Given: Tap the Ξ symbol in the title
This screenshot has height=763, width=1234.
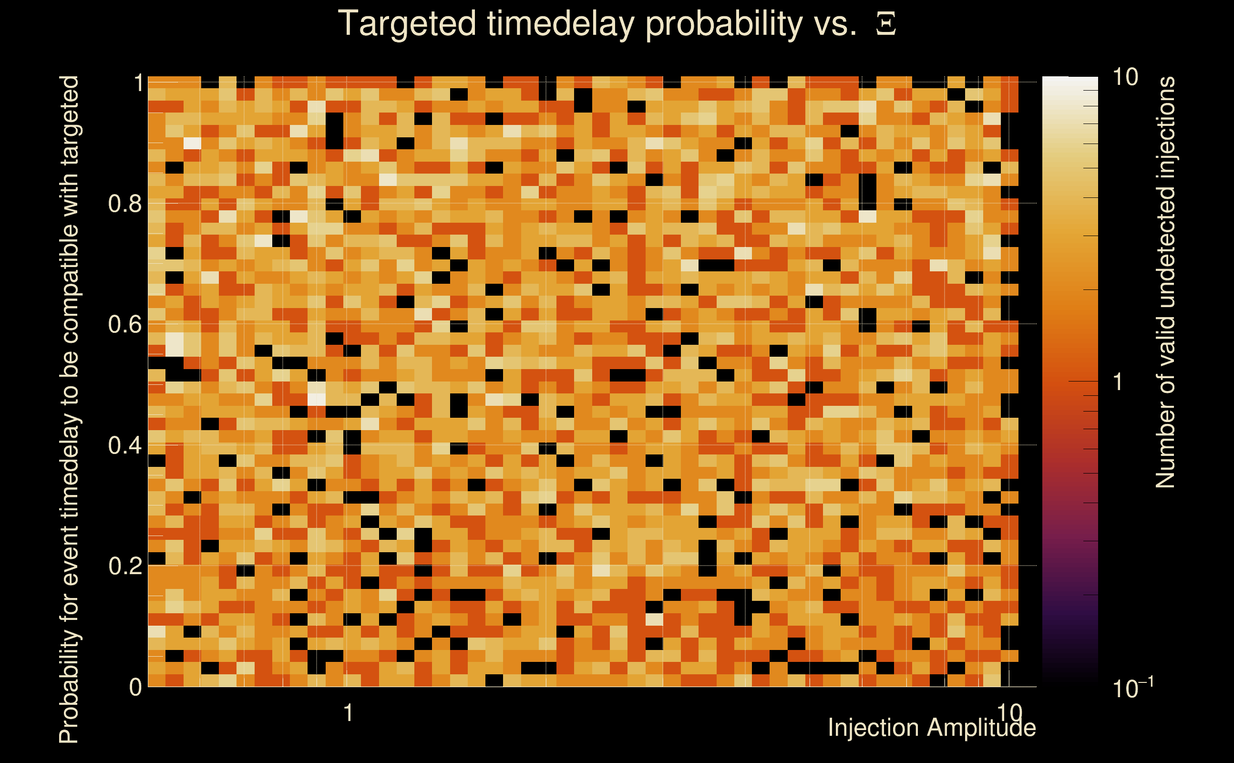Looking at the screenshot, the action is click(x=886, y=24).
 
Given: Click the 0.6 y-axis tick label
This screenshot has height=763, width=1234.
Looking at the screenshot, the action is click(x=124, y=324).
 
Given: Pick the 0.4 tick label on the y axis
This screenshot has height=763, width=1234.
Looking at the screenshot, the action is click(x=124, y=445).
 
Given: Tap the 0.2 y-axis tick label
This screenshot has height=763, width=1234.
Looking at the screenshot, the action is click(x=124, y=566).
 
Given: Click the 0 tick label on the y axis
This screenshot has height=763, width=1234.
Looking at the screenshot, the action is click(x=135, y=687).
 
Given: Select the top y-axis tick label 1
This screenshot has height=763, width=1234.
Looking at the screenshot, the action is click(x=138, y=83).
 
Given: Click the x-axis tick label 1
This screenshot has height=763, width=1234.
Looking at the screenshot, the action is click(x=348, y=712).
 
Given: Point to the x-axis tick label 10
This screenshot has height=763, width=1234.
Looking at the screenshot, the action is click(x=1009, y=712).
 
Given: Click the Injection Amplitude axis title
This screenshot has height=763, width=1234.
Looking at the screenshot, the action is click(x=932, y=728).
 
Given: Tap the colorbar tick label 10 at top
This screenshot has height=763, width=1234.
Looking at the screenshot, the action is click(x=1124, y=77).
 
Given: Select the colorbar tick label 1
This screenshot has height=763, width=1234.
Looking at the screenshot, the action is click(x=1118, y=382).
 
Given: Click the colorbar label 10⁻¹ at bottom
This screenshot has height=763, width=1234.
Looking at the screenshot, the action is click(x=1132, y=687).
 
